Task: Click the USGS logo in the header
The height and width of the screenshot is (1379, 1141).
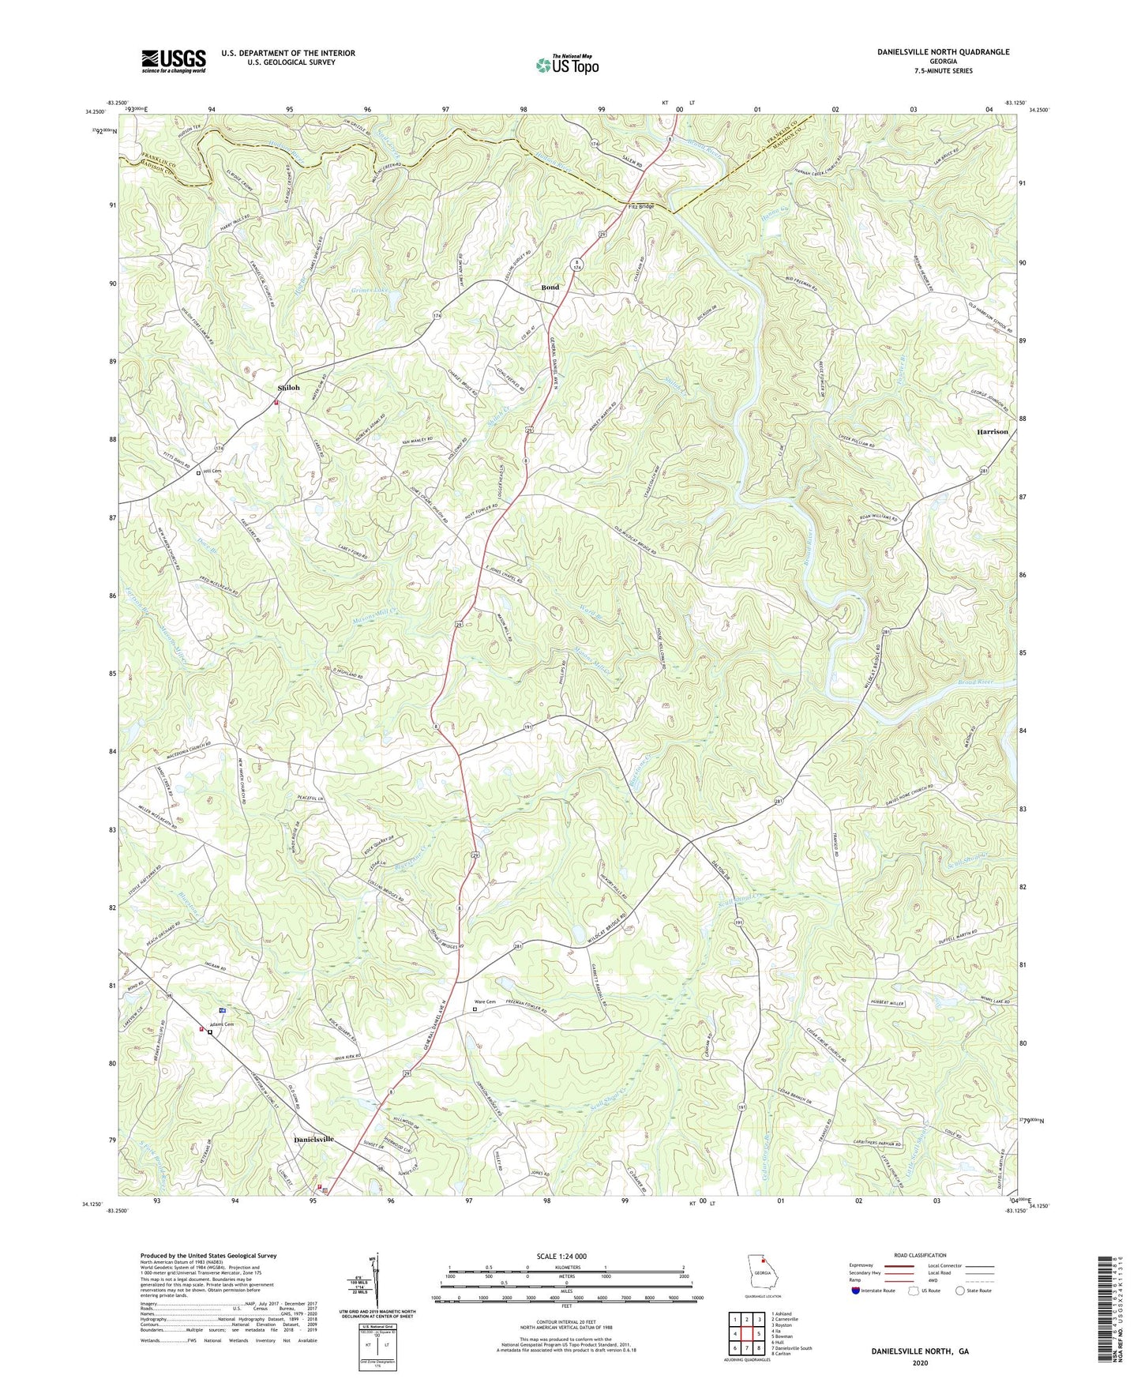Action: coord(173,61)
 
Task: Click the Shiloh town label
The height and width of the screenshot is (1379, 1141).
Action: coord(288,388)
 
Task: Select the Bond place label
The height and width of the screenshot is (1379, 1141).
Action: coord(550,287)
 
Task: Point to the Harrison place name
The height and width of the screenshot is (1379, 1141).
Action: coord(992,432)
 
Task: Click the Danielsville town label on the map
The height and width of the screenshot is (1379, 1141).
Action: coord(313,1140)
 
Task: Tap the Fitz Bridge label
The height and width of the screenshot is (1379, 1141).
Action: coord(640,206)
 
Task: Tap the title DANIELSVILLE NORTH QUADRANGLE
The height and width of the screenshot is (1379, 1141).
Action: coord(943,52)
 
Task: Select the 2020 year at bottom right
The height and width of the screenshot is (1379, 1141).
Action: coord(919,1363)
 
